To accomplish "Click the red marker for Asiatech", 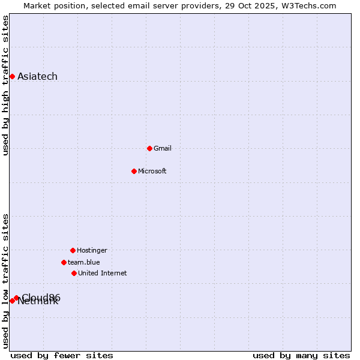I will tap(12, 76).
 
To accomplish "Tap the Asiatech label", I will tap(37, 76).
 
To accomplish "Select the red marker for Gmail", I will tap(149, 148).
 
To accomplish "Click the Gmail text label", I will tap(163, 148).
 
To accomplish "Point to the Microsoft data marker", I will tap(134, 171).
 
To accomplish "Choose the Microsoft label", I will tap(152, 171).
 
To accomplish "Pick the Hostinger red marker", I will tap(73, 250).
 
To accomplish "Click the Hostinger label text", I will tap(92, 250).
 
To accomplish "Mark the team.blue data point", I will tap(64, 262).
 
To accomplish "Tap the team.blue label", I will tap(84, 262).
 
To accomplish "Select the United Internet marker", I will tap(74, 273).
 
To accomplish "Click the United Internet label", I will tap(103, 273).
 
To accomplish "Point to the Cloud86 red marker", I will tap(16, 298).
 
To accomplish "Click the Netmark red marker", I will tap(12, 301).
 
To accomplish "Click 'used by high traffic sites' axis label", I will tap(5, 85).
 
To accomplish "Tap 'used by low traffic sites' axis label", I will tap(5, 281).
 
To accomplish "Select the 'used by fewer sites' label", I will tap(62, 355).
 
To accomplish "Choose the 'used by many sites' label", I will tap(301, 355).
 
